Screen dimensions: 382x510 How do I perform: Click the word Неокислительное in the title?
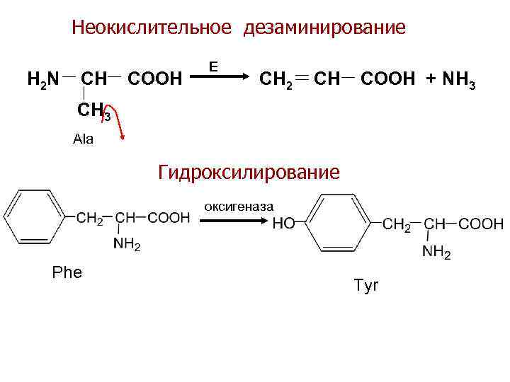[x=152, y=28]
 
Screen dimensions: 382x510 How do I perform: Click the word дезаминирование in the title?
[x=325, y=28]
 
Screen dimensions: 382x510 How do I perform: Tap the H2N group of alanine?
[x=42, y=77]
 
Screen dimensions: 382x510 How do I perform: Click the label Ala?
[x=83, y=139]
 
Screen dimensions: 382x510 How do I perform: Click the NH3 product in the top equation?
[x=463, y=77]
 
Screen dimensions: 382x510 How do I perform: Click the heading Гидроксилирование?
[x=249, y=172]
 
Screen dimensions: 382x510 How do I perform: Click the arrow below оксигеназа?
[x=234, y=221]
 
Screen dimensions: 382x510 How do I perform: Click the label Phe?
[x=67, y=272]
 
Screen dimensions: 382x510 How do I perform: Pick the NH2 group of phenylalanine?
[x=127, y=245]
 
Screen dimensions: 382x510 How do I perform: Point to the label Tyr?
[x=366, y=286]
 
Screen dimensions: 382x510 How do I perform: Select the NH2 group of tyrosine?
[x=436, y=251]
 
